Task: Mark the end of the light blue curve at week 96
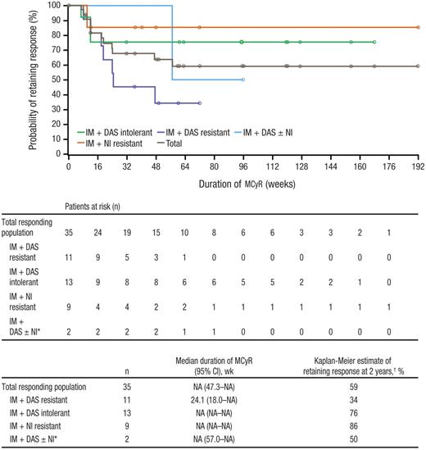(242, 80)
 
